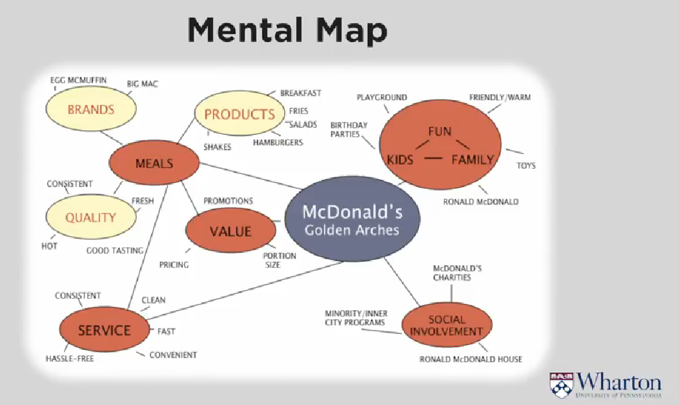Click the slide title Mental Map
coord(287,31)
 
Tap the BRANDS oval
coord(90,110)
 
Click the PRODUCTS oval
coord(239,115)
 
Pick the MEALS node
coord(154,163)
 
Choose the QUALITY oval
coord(90,217)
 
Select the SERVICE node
coord(104,331)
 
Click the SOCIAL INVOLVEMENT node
coord(447,326)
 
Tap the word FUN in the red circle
coord(440,132)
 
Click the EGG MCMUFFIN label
coord(78,80)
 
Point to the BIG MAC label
coord(142,84)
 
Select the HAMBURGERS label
coord(278,142)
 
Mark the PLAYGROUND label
coord(381,97)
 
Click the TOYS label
coord(525,166)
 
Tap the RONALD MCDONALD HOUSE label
coord(471,359)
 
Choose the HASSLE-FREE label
coord(69,359)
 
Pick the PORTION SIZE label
coord(279,260)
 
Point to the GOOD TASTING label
coord(115,251)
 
